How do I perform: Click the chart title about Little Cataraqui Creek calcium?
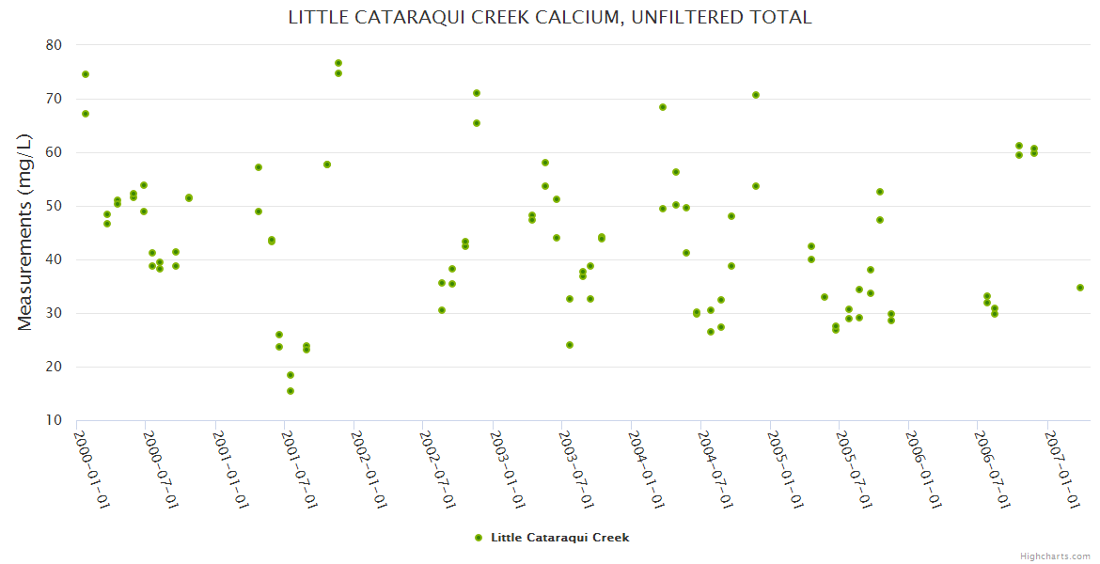550,18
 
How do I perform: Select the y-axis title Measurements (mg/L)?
25,232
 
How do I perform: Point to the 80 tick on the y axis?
54,45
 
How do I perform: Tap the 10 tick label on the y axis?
54,420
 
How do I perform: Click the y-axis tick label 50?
54,206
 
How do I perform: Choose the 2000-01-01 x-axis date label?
92,469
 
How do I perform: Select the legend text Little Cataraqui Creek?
559,538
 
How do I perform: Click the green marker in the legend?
479,538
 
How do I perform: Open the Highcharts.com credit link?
1055,556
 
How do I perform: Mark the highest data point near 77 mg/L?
338,63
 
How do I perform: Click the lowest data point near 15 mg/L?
291,391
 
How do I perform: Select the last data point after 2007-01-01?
1080,288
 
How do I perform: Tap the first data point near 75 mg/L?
86,74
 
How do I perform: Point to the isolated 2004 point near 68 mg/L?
663,107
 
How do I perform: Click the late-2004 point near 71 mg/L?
756,95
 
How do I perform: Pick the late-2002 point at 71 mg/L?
477,93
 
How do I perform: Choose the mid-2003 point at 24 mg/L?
570,345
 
